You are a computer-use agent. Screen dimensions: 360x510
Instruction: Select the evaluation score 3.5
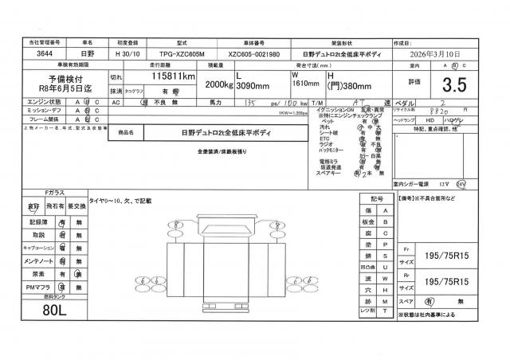click(x=453, y=82)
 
